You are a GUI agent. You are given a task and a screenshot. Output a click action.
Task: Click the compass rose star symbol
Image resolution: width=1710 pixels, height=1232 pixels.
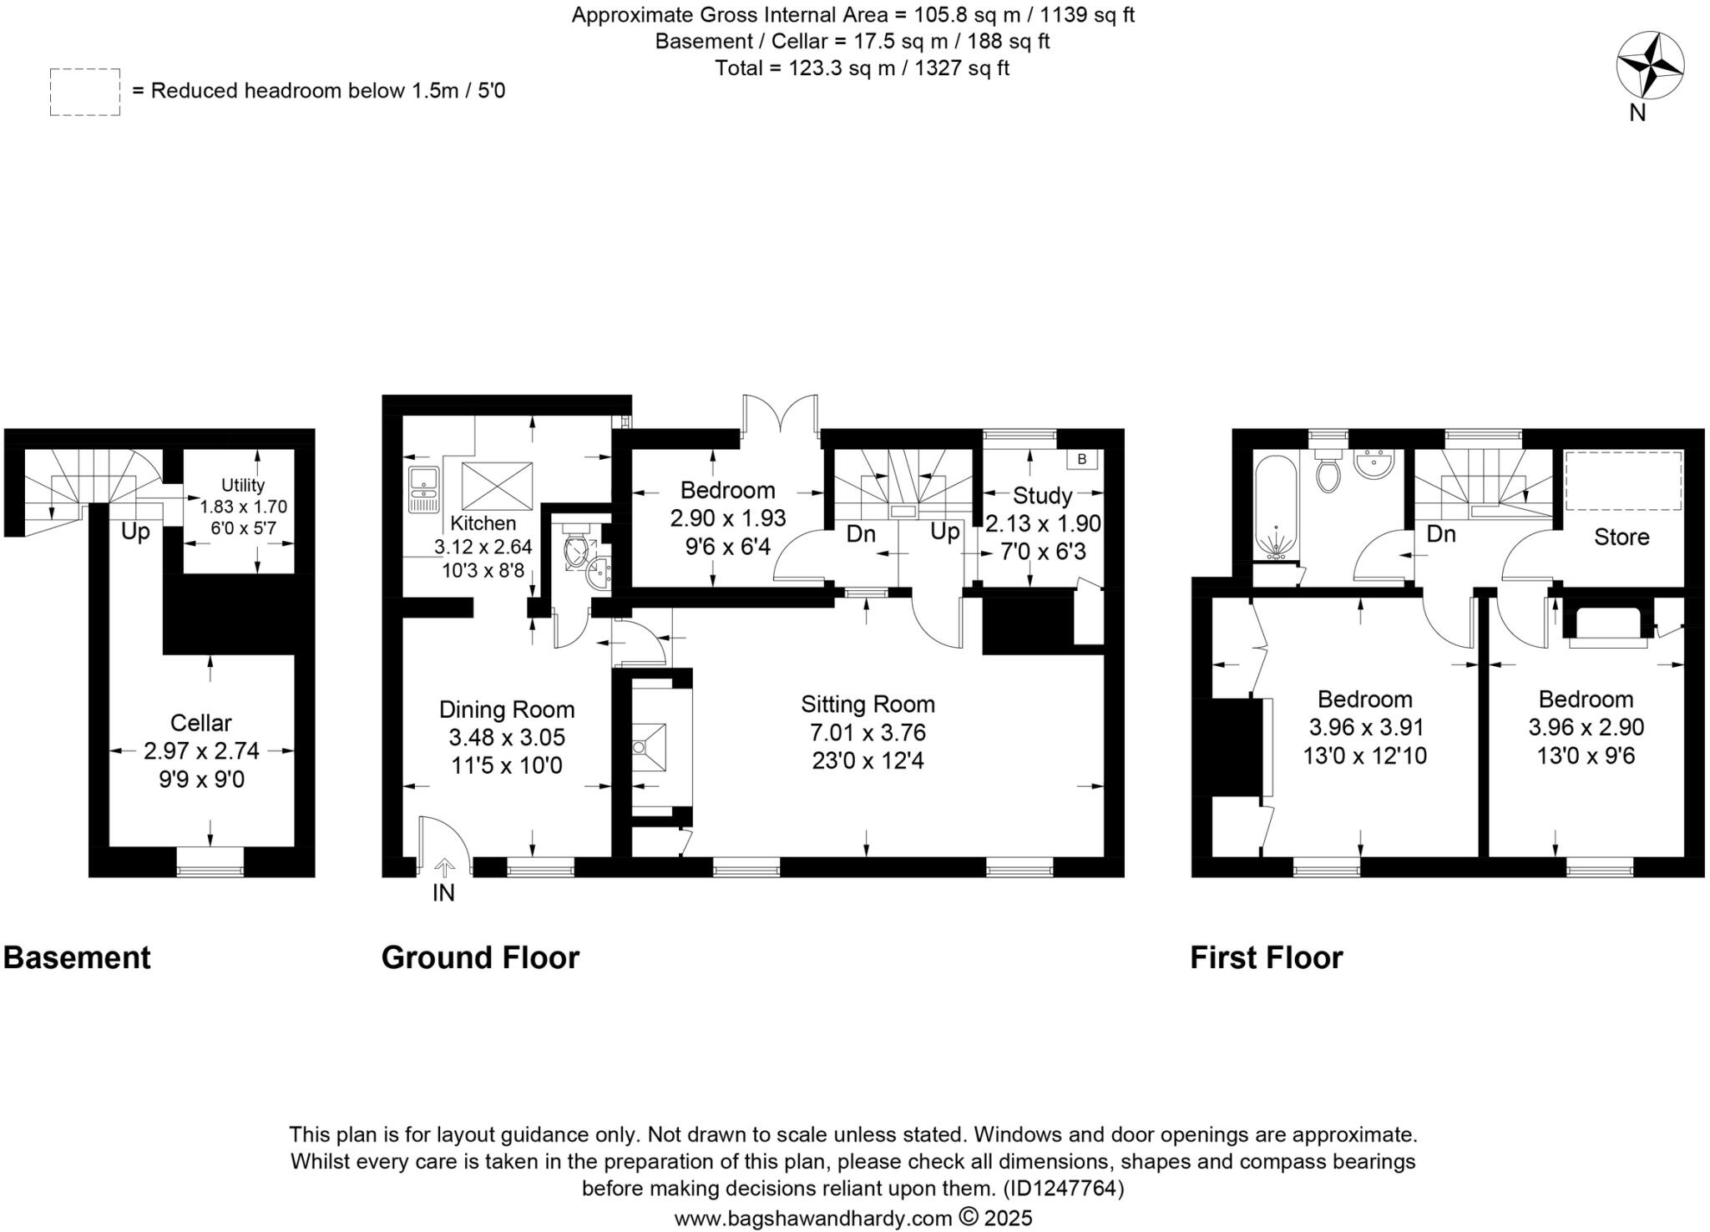[1649, 65]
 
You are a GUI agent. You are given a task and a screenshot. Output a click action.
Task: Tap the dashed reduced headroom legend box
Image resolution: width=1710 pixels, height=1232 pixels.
[84, 92]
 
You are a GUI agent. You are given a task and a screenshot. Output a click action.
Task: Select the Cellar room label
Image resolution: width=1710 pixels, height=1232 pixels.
[200, 723]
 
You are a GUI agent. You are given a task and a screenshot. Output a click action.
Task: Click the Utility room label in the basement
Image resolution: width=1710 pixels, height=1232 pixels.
[242, 485]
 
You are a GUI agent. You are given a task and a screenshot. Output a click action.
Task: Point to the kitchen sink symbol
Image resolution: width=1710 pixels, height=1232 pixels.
[424, 490]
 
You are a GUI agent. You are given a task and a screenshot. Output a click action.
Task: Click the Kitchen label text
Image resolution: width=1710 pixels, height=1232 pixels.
[483, 523]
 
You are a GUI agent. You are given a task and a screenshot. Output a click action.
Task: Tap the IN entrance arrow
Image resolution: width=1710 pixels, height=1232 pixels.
[443, 870]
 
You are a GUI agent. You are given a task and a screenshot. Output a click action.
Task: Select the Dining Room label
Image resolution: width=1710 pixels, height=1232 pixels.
[507, 709]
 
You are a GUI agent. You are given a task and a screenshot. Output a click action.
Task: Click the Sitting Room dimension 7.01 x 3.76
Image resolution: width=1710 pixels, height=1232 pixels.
[868, 733]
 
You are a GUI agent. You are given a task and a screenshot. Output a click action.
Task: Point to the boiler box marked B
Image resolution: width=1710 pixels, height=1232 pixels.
[1082, 459]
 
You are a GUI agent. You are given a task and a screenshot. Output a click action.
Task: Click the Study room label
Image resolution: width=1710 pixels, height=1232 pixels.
[1042, 496]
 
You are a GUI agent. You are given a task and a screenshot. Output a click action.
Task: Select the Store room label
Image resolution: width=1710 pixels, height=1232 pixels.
[1621, 537]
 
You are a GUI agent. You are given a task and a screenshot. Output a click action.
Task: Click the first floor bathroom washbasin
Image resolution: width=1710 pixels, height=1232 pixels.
[1374, 464]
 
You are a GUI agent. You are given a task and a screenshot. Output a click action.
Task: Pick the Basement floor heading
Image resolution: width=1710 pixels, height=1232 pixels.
[77, 957]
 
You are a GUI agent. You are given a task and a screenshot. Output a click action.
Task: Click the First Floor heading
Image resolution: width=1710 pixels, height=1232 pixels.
[1266, 957]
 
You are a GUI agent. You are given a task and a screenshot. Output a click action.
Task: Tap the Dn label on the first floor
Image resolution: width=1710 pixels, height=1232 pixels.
[1441, 534]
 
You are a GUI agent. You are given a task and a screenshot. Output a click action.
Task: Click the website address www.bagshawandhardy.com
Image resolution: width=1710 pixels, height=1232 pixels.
[812, 1219]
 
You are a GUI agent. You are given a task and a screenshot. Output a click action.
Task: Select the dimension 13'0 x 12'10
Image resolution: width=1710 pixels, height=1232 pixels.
[1364, 756]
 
